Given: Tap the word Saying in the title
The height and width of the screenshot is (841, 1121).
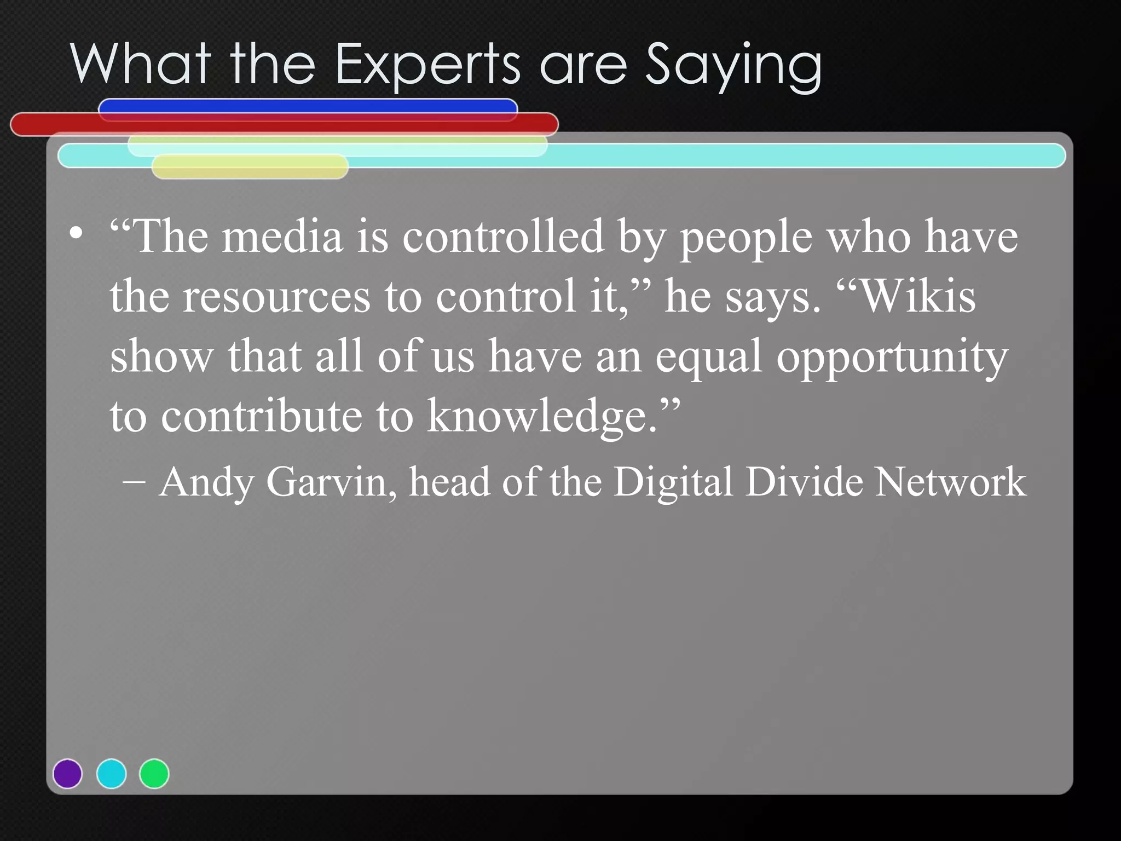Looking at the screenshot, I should (x=733, y=66).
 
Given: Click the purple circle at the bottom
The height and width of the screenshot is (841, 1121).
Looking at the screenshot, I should (x=68, y=774).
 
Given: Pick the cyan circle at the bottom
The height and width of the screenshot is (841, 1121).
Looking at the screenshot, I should (x=111, y=774).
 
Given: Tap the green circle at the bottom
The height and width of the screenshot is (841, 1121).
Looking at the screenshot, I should (x=154, y=774).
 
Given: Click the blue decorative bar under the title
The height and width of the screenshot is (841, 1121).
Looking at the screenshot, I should (x=308, y=106).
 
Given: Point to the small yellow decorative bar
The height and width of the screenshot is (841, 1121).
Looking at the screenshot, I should (x=250, y=166).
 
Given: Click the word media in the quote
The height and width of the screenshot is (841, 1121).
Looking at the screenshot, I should (x=282, y=237).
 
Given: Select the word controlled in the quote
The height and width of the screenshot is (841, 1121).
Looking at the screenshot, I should (x=503, y=237).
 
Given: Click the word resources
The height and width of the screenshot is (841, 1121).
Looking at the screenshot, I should (x=276, y=297).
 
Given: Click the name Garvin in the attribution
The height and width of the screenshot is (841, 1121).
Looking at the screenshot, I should (x=331, y=482).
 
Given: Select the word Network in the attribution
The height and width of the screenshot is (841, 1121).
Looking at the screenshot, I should (x=950, y=482).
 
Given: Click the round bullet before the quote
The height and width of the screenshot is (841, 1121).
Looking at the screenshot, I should (x=76, y=234).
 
